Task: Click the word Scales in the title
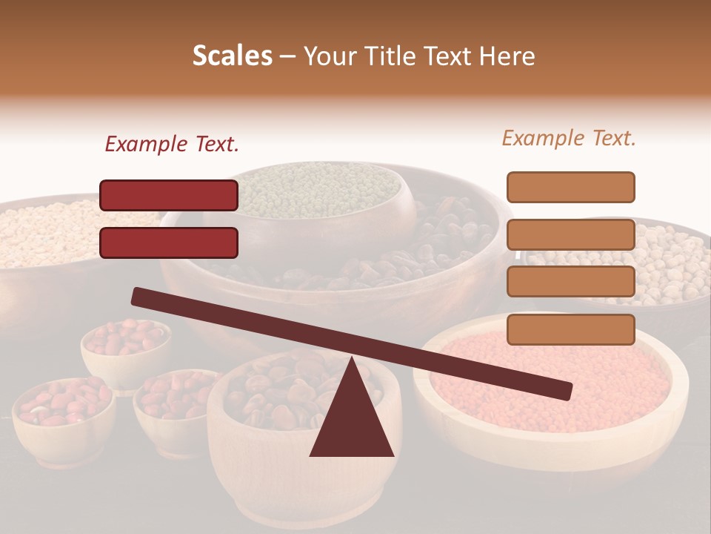[232, 56]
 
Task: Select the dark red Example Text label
[171, 144]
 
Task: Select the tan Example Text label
[569, 138]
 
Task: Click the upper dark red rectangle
[169, 195]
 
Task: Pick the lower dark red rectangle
[169, 243]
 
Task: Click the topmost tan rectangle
[570, 187]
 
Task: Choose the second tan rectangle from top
[570, 234]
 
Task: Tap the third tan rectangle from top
[570, 282]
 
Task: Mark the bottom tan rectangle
[570, 329]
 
